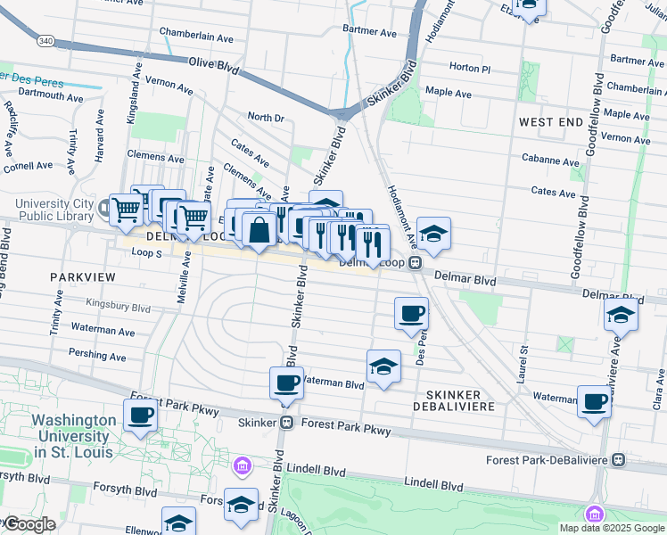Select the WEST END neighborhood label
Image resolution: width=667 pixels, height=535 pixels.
[x=550, y=122]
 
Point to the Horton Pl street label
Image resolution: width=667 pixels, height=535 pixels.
[x=470, y=68]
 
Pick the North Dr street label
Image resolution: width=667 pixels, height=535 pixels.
[x=265, y=118]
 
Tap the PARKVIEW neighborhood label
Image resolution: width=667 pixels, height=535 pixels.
[x=83, y=277]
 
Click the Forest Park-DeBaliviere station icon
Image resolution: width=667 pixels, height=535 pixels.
[x=620, y=460]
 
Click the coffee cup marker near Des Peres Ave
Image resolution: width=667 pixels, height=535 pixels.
[x=410, y=313]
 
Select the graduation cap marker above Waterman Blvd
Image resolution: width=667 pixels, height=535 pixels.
[x=383, y=366]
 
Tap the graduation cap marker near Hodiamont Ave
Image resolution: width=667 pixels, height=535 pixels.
[x=433, y=234]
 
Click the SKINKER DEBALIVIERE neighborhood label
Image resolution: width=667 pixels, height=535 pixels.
[x=454, y=400]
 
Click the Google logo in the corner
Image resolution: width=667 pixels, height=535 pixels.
[x=29, y=524]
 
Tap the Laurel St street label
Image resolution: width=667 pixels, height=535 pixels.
[x=522, y=364]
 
